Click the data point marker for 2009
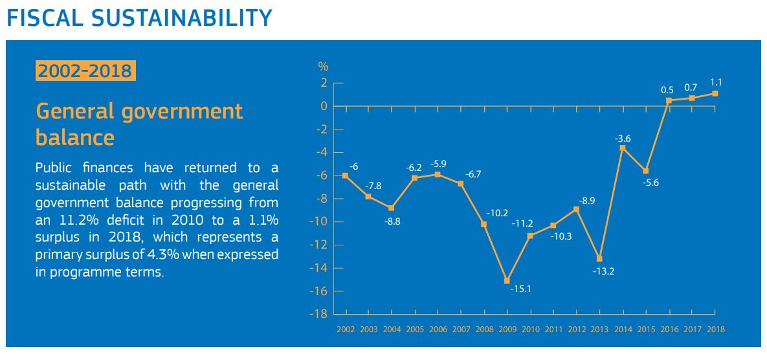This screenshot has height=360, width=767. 507,280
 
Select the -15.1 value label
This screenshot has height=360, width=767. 520,289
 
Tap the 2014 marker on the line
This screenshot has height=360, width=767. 623,148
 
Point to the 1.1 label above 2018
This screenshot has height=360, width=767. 716,82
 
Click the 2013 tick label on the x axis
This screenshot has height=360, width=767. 599,330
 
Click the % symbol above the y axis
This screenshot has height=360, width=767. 323,66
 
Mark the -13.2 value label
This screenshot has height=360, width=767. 603,271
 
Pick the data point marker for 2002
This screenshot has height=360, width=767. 345,175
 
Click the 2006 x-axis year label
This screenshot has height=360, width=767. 438,330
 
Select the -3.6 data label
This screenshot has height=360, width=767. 623,137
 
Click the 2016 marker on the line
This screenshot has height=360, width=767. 669,100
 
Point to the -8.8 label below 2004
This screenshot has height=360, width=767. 392,221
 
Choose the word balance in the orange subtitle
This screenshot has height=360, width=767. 75,137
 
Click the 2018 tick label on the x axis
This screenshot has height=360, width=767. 715,330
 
